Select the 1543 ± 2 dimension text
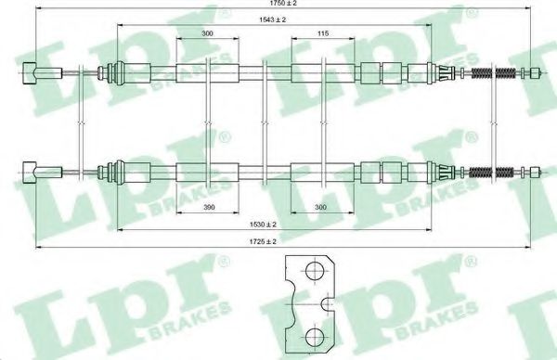tap(272, 19)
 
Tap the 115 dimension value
tap(323, 33)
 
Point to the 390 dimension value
tap(209, 207)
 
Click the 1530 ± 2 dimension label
tap(263, 225)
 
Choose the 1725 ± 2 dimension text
tap(263, 241)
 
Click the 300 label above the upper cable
tap(207, 33)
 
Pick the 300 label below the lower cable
tap(320, 207)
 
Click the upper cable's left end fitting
tap(30, 73)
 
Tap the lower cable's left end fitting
tap(30, 173)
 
